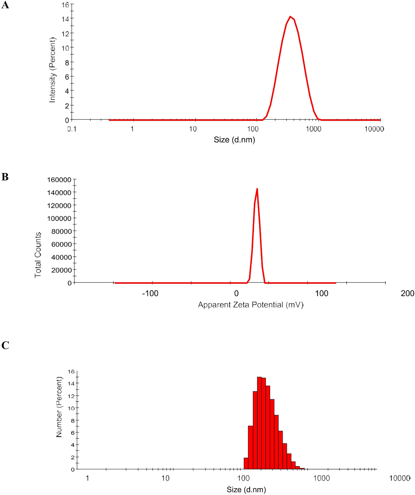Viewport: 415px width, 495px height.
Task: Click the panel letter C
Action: point(5,345)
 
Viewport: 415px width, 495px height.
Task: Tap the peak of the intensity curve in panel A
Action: point(290,17)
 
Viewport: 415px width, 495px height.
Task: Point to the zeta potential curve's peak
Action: point(257,189)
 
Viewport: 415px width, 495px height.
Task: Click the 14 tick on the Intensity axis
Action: point(65,19)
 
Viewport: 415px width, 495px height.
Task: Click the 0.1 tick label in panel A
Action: point(72,129)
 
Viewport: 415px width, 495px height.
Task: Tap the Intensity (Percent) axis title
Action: point(52,70)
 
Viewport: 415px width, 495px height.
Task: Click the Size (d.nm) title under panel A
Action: point(234,140)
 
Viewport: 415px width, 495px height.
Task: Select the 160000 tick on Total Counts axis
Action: point(59,180)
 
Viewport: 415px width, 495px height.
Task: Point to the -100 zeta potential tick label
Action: point(150,294)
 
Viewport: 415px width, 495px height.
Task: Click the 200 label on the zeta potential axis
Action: point(407,294)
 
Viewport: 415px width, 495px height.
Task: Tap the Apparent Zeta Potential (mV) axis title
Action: point(251,305)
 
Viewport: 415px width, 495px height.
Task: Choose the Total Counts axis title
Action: point(38,255)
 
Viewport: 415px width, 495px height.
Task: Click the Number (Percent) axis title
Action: point(59,407)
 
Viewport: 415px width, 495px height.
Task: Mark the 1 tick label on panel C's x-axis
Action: point(87,478)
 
